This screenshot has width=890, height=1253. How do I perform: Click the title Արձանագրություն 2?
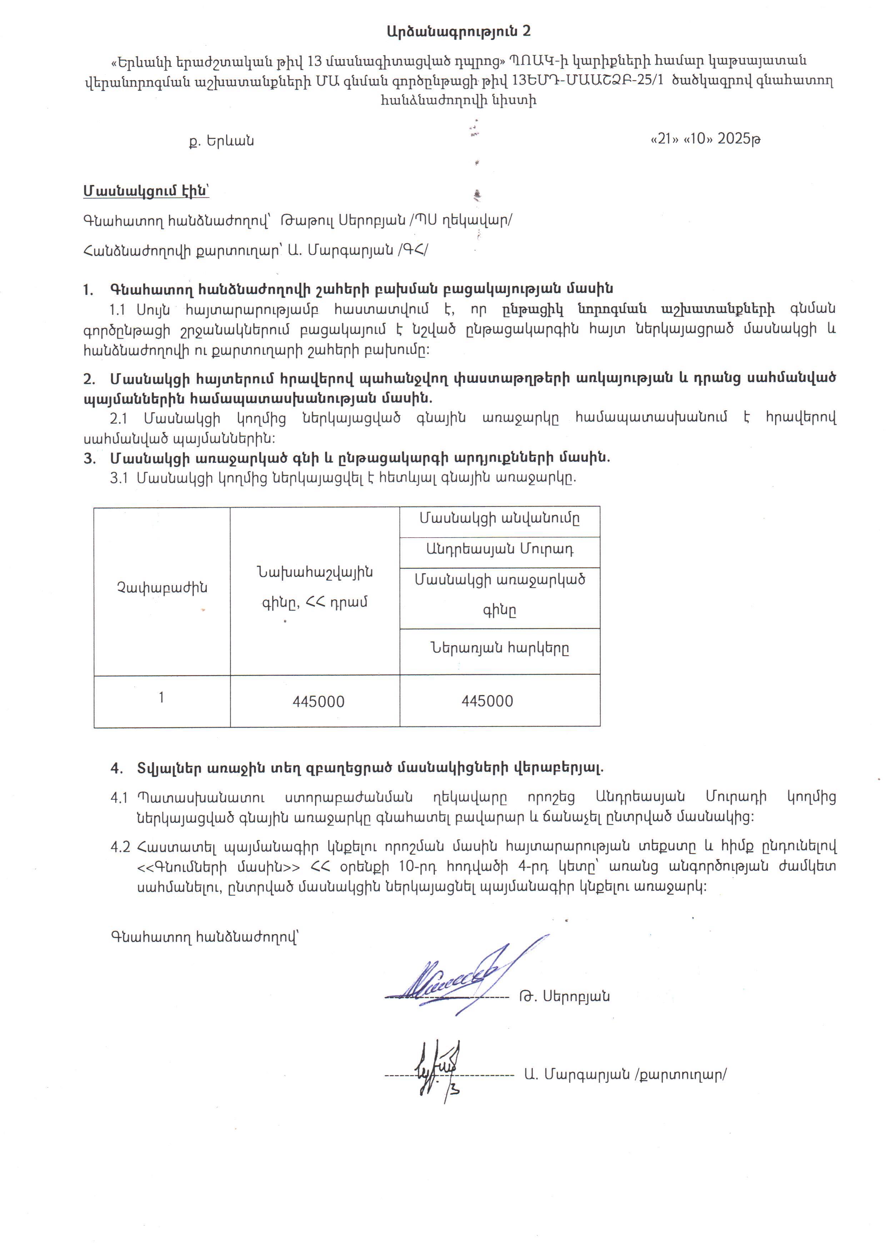pyautogui.click(x=458, y=31)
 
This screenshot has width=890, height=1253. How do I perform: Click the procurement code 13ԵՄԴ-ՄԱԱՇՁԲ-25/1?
pyautogui.click(x=587, y=80)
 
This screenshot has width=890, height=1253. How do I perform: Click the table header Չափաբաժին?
pyautogui.click(x=162, y=588)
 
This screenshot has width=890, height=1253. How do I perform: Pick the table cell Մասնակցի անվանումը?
pyautogui.click(x=499, y=519)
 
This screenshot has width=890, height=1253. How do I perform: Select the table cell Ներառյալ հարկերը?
pyautogui.click(x=499, y=648)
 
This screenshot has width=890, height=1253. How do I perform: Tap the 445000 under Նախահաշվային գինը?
pyautogui.click(x=319, y=702)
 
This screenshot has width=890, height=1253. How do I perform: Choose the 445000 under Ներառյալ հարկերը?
pyautogui.click(x=487, y=701)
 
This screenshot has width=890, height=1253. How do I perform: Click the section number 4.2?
pyautogui.click(x=120, y=847)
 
